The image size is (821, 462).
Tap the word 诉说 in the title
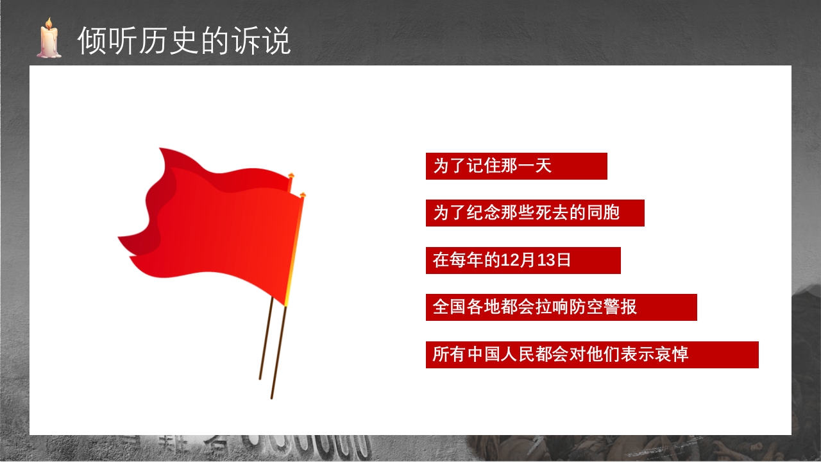pos(270,41)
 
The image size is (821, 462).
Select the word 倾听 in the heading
pos(99,41)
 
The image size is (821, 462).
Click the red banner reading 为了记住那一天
pos(516,166)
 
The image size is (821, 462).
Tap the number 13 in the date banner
pos(545,261)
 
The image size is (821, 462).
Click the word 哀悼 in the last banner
pos(672,355)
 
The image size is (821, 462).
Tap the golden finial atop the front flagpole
pos(303,194)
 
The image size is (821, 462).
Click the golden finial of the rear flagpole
pos(291,175)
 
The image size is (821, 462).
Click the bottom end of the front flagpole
pos(272,397)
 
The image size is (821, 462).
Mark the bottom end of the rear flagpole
pos(260,378)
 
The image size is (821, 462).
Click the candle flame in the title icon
pos(47,24)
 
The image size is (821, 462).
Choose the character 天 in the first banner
pos(543,166)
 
